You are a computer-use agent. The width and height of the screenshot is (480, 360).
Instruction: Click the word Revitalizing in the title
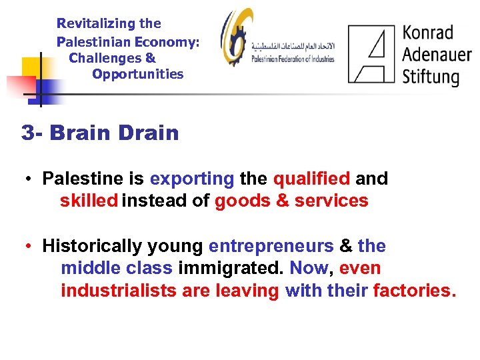click(x=96, y=24)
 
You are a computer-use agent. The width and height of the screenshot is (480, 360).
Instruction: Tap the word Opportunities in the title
click(x=138, y=74)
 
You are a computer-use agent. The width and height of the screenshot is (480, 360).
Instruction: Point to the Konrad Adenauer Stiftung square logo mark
click(x=371, y=53)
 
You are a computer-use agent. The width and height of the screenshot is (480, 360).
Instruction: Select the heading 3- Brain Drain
click(x=100, y=133)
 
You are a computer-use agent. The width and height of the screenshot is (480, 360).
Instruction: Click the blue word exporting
click(x=192, y=179)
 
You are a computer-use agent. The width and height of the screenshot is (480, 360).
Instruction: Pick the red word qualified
click(x=311, y=179)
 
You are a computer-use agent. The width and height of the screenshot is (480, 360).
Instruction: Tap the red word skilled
click(x=89, y=201)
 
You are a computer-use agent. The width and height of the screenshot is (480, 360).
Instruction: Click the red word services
click(x=331, y=201)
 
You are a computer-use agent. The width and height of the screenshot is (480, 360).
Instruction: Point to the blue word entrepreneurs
click(x=271, y=246)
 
